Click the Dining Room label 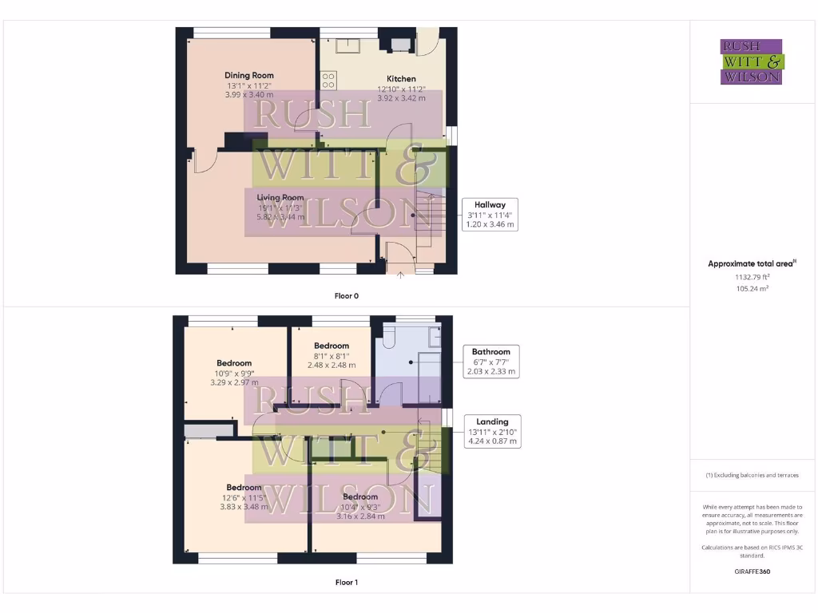tap(249, 76)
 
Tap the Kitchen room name tap(401, 79)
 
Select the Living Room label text tap(280, 197)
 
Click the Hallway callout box tap(491, 215)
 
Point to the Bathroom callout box tap(490, 362)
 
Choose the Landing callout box tap(492, 431)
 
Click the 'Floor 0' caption tap(346, 295)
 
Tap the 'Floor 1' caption tap(346, 583)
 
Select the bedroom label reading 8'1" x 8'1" tap(331, 346)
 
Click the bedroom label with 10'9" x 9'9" tap(234, 363)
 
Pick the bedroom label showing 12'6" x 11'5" tap(244, 488)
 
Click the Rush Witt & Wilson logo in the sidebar tap(752, 62)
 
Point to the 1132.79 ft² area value tap(752, 277)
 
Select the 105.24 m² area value tap(752, 289)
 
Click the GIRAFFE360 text tap(752, 571)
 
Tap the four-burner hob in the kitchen tap(328, 80)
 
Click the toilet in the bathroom tap(389, 336)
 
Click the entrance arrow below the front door tap(400, 276)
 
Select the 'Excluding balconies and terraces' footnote tap(752, 475)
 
